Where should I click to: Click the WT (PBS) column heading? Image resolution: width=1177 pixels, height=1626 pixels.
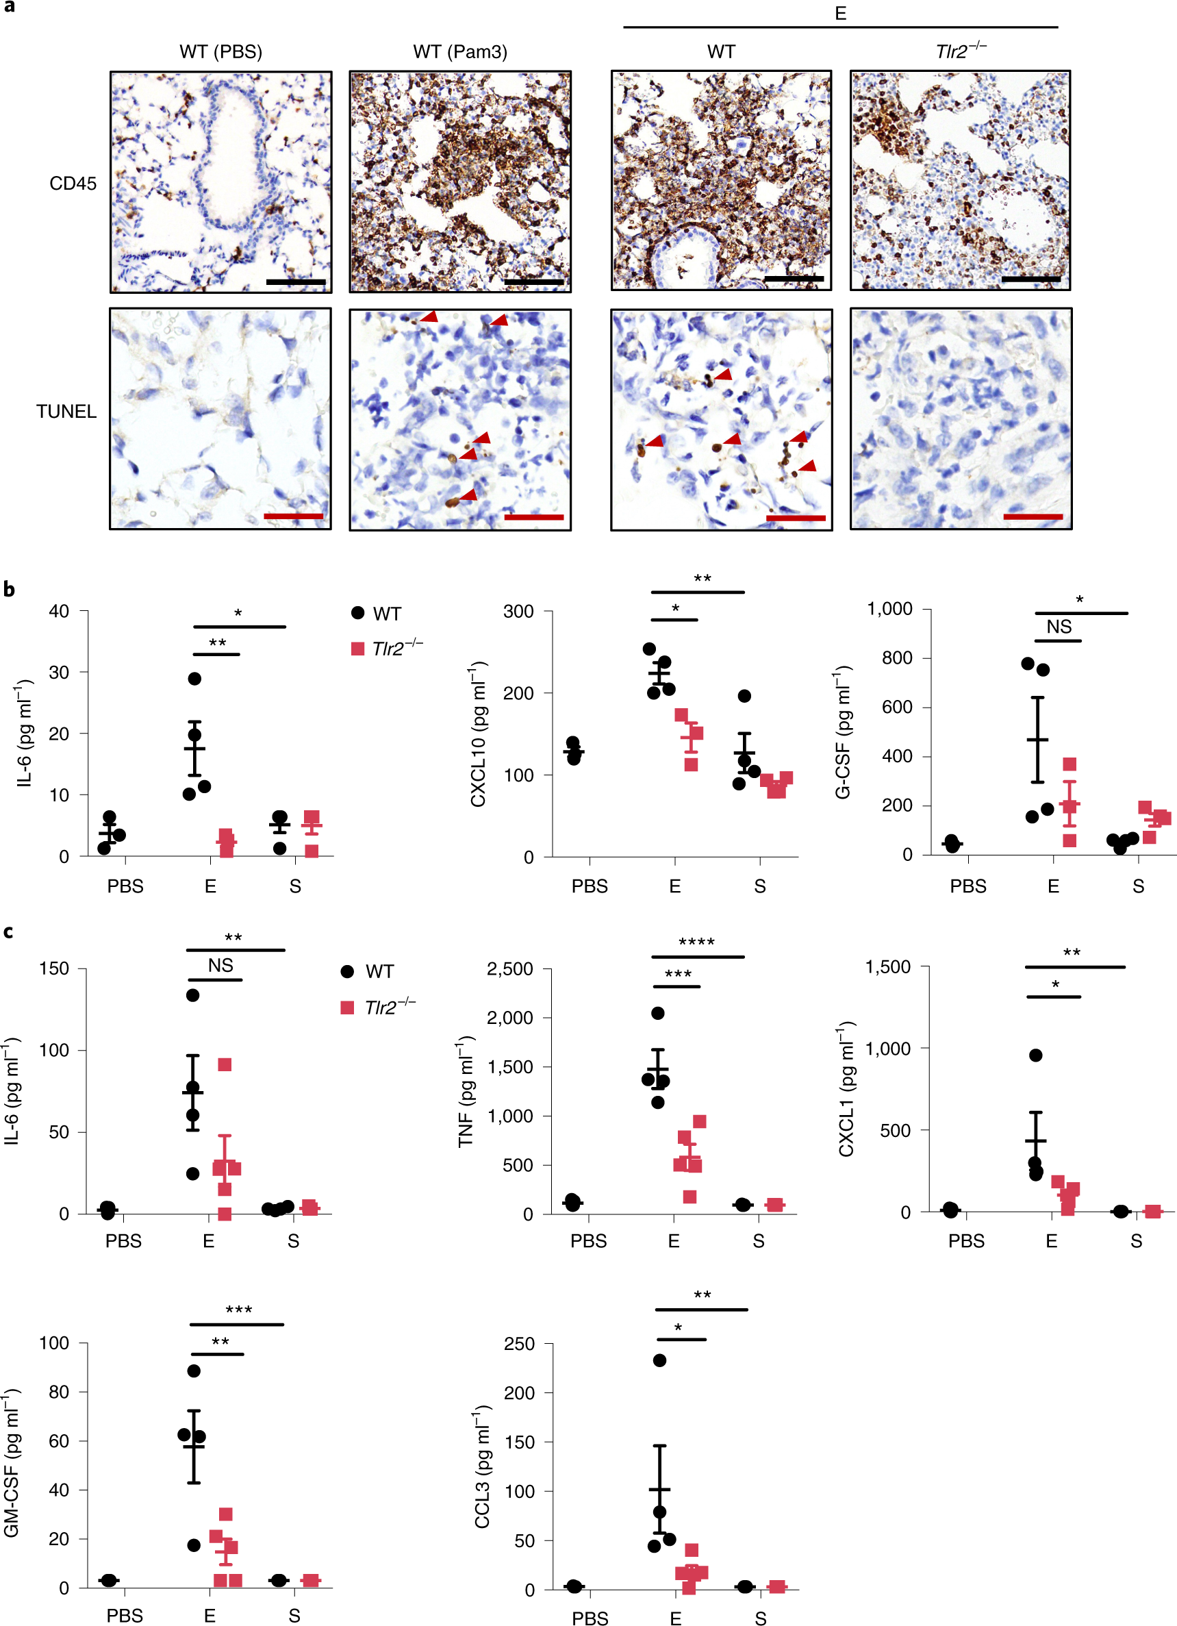click(x=220, y=51)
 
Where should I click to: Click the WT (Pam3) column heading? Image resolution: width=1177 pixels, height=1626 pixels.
click(x=460, y=51)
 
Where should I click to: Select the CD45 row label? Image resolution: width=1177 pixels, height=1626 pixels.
click(x=73, y=184)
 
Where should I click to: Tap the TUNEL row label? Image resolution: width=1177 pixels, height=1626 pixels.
click(x=66, y=412)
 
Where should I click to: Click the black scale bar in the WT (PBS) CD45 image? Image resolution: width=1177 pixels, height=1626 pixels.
click(x=295, y=282)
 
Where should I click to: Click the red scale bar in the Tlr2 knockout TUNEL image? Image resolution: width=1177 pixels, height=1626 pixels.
click(x=1033, y=516)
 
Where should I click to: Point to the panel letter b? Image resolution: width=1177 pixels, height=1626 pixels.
click(x=9, y=589)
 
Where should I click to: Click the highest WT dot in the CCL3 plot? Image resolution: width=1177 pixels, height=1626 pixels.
click(x=659, y=1360)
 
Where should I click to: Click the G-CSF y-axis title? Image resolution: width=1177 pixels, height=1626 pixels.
click(x=843, y=732)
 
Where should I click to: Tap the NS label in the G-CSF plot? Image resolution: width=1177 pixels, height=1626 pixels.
click(x=1059, y=627)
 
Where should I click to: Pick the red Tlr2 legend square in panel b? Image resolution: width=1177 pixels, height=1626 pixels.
click(x=357, y=649)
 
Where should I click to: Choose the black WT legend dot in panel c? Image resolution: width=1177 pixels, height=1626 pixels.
click(x=348, y=971)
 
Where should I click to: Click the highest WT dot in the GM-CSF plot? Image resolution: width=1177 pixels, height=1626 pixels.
click(x=194, y=1371)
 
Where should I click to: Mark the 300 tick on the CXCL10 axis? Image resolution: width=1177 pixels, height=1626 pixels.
click(x=518, y=612)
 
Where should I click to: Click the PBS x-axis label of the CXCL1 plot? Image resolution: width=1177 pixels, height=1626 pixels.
click(x=965, y=1241)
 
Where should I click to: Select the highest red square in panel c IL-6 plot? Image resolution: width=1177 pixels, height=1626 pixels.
click(x=225, y=1064)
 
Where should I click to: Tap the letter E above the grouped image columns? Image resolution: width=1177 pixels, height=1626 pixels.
click(x=840, y=13)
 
